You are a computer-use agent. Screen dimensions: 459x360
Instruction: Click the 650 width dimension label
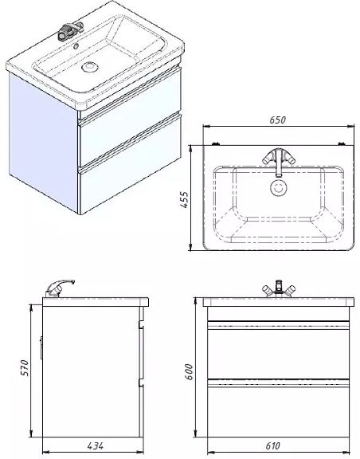tap(277, 120)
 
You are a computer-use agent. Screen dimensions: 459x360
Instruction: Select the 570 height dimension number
tap(25, 367)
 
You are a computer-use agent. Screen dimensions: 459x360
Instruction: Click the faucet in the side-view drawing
tap(61, 286)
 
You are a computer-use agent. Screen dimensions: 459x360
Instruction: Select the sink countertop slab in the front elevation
tap(278, 304)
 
